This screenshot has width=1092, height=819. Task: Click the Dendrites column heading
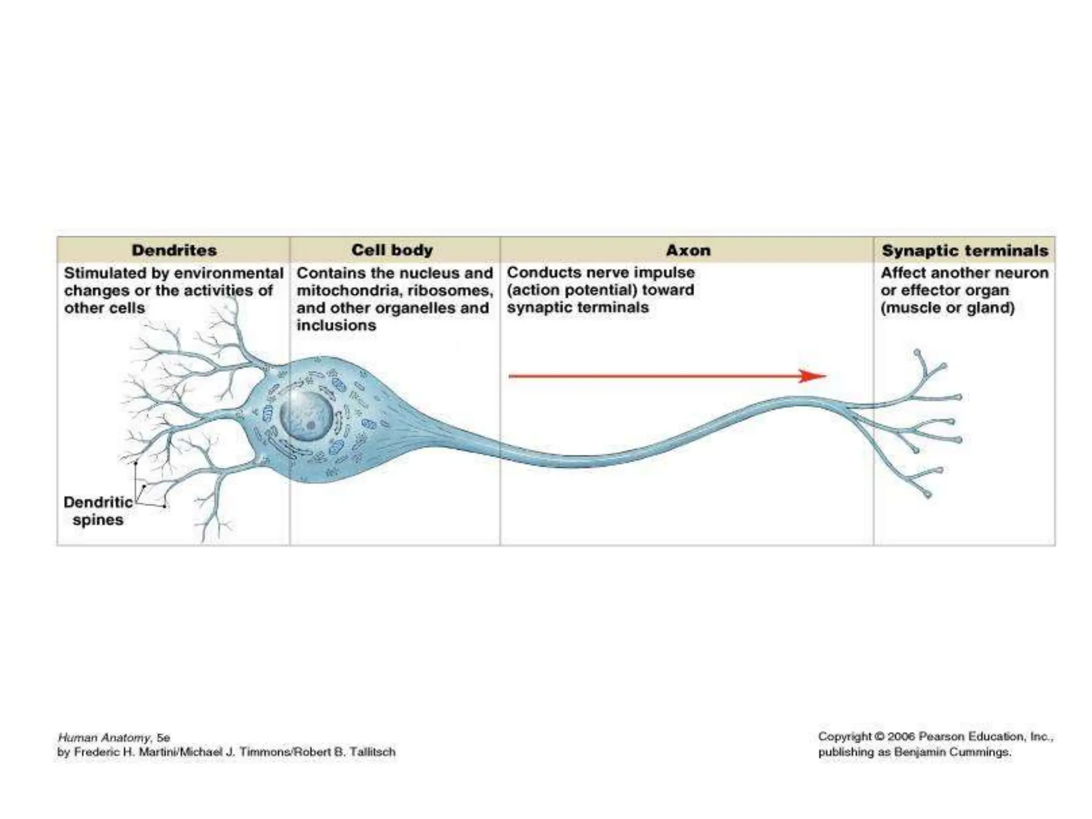tap(174, 250)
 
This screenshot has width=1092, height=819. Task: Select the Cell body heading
tap(392, 250)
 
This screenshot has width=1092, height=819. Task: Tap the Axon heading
tap(688, 250)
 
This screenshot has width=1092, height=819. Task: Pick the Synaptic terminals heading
tap(965, 250)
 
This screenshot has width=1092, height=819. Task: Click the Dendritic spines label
tap(98, 511)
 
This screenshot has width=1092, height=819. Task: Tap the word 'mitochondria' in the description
tap(349, 291)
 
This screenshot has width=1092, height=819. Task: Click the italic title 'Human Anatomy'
tap(104, 738)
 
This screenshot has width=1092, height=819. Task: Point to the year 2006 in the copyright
tap(900, 737)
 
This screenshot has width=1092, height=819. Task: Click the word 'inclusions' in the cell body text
tap(336, 325)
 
